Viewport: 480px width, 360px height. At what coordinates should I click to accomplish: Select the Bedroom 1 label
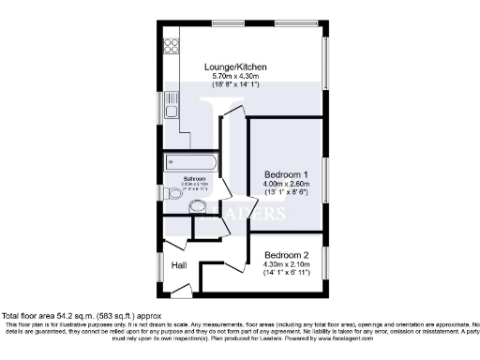[286, 175]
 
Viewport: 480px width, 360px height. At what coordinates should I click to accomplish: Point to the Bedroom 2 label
[287, 255]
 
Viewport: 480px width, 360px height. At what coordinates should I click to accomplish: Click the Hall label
[178, 266]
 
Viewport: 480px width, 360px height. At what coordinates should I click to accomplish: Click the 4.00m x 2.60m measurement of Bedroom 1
[286, 185]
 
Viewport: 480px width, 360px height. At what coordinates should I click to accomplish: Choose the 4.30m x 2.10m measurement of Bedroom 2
[287, 264]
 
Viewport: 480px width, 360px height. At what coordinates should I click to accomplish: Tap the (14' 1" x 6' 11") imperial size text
[287, 273]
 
